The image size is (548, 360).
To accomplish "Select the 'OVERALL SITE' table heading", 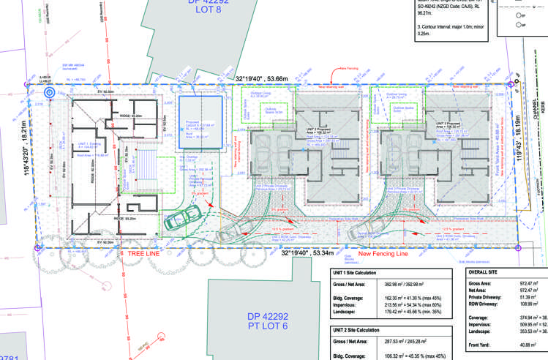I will click(486, 272).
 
